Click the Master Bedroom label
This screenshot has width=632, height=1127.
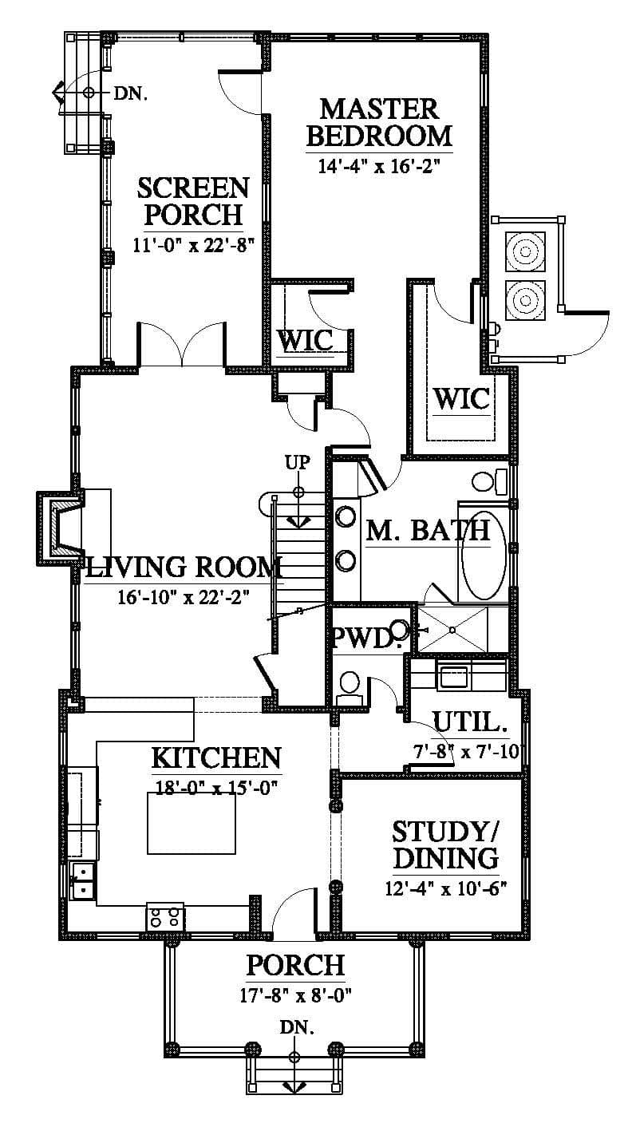[379, 123]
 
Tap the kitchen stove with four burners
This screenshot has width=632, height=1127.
[165, 916]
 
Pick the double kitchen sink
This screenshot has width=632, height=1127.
[83, 880]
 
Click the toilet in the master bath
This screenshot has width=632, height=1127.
[489, 481]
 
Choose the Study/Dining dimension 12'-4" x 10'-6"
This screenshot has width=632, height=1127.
[445, 887]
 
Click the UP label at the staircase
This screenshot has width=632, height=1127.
[298, 462]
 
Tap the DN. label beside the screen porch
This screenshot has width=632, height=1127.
[131, 93]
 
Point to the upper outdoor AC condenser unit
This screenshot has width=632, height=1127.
[526, 251]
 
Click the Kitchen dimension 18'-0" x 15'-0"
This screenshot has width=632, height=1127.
[216, 786]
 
